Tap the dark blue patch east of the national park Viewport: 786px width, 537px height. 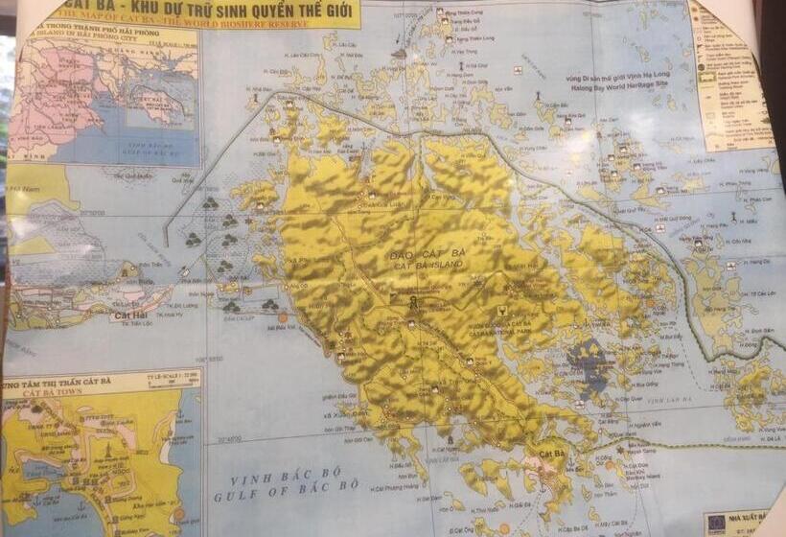[587, 364]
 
